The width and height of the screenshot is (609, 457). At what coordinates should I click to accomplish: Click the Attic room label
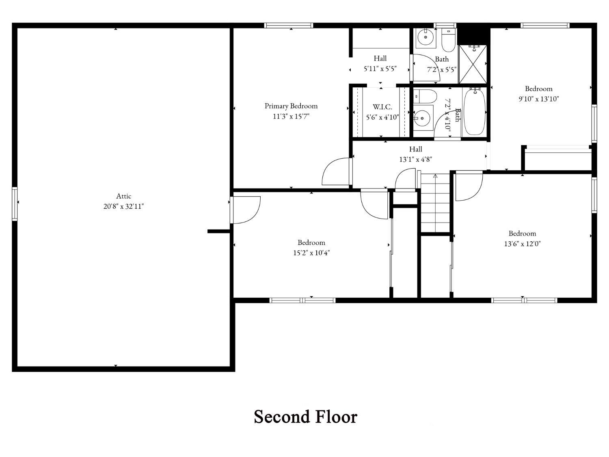pos(123,196)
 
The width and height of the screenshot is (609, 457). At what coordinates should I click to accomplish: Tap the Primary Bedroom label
pos(291,106)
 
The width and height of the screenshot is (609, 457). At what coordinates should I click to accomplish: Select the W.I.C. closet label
pos(382,107)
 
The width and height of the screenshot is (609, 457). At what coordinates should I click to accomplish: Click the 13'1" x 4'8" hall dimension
pos(416,159)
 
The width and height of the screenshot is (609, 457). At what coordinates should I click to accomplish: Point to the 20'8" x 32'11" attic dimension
pos(123,206)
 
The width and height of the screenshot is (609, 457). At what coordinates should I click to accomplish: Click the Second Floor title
pos(305,417)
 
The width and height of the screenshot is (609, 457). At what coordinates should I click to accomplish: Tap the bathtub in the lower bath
pos(475,112)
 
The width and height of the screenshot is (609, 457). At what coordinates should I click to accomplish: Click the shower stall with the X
pos(473,64)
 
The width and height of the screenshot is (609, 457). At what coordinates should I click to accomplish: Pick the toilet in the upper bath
pos(448,40)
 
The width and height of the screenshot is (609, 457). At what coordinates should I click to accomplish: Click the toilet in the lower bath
pos(425,96)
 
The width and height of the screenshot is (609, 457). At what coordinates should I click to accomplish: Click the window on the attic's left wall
pos(15,204)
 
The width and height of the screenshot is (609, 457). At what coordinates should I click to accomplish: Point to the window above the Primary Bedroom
pos(289,26)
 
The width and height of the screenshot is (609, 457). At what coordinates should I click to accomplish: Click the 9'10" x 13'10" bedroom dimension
pos(538,99)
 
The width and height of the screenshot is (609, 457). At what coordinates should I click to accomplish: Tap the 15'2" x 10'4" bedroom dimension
pos(311,253)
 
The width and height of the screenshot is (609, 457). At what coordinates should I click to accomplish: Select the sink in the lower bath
pos(423,118)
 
